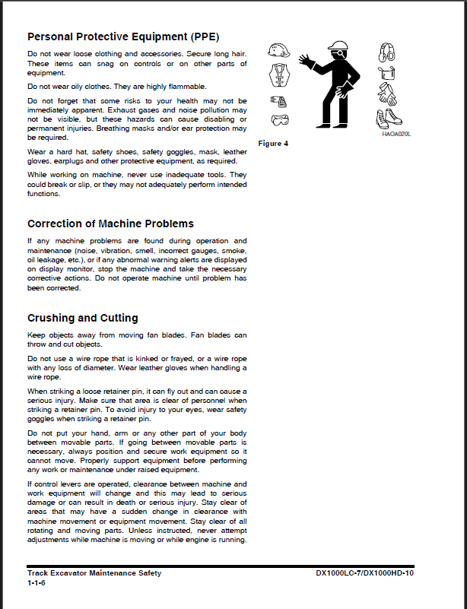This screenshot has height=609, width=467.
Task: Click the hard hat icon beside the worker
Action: pos(279,51)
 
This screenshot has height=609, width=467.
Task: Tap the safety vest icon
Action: pos(279,75)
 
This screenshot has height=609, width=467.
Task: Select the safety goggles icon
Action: pos(280,119)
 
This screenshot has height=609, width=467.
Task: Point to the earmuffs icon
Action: pos(386,52)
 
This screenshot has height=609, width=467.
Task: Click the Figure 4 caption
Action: pos(273,143)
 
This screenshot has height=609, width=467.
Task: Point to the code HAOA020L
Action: pos(396,133)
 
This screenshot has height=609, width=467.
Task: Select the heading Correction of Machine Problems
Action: pos(110,224)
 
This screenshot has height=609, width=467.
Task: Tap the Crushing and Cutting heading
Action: pos(82,318)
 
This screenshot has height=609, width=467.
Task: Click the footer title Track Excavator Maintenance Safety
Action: pos(94,573)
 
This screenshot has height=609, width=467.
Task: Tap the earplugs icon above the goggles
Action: pos(278,100)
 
